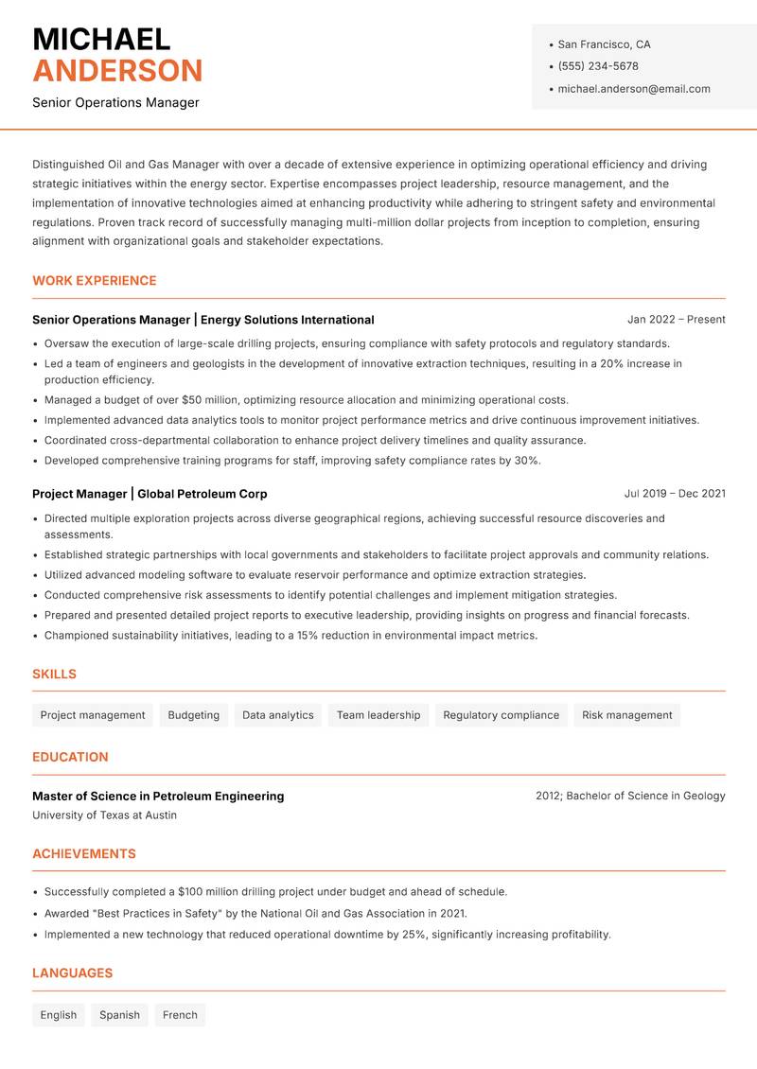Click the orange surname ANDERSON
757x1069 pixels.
(117, 71)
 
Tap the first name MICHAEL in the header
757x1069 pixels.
(101, 40)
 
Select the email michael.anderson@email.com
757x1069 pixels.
(633, 89)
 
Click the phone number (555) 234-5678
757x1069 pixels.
(597, 66)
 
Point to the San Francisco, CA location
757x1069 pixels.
(604, 44)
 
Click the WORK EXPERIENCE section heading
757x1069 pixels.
(94, 281)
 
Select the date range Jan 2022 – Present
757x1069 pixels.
(676, 320)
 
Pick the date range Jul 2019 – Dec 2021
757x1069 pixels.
(675, 494)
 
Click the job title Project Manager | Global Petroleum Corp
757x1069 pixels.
(150, 494)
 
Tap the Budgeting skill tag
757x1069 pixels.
(193, 715)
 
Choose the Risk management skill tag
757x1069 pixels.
(626, 715)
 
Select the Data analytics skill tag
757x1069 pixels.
(277, 715)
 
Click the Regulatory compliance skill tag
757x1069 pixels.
(501, 715)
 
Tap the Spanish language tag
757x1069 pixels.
(119, 1015)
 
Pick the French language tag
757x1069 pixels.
(180, 1015)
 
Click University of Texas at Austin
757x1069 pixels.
(104, 815)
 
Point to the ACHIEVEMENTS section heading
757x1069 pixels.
(84, 854)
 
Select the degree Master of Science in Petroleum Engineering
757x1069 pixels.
(158, 797)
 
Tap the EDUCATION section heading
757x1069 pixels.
(70, 757)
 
